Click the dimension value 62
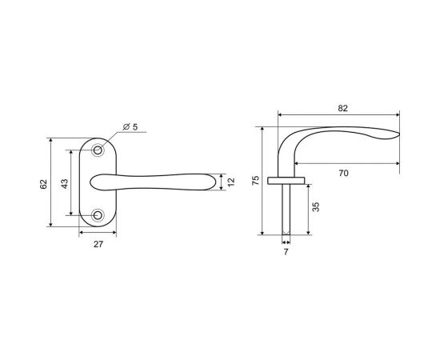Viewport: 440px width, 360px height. [43, 184]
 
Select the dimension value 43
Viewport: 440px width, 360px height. [65, 184]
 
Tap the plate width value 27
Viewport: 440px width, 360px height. [98, 244]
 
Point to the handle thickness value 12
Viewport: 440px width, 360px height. [230, 182]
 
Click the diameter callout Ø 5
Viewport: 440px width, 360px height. [130, 127]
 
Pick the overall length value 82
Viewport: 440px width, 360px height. [342, 108]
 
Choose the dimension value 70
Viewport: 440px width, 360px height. [343, 173]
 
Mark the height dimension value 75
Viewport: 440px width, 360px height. [256, 181]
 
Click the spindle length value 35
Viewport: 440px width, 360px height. [316, 207]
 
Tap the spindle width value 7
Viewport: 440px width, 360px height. [286, 252]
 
